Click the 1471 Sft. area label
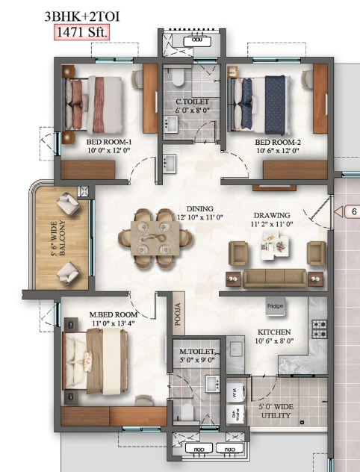(x=81, y=32)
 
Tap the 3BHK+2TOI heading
(x=82, y=16)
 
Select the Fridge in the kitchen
(x=275, y=306)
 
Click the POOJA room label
(x=178, y=314)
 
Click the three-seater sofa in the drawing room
(x=275, y=279)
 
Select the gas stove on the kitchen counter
(x=320, y=329)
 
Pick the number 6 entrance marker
(x=354, y=211)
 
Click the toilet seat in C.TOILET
(x=178, y=78)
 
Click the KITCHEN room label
(x=274, y=332)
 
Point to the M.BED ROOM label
(x=114, y=314)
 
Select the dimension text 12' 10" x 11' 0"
(x=200, y=217)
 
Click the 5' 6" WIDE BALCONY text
(x=58, y=238)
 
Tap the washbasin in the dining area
(x=169, y=164)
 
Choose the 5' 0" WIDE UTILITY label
(x=276, y=412)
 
